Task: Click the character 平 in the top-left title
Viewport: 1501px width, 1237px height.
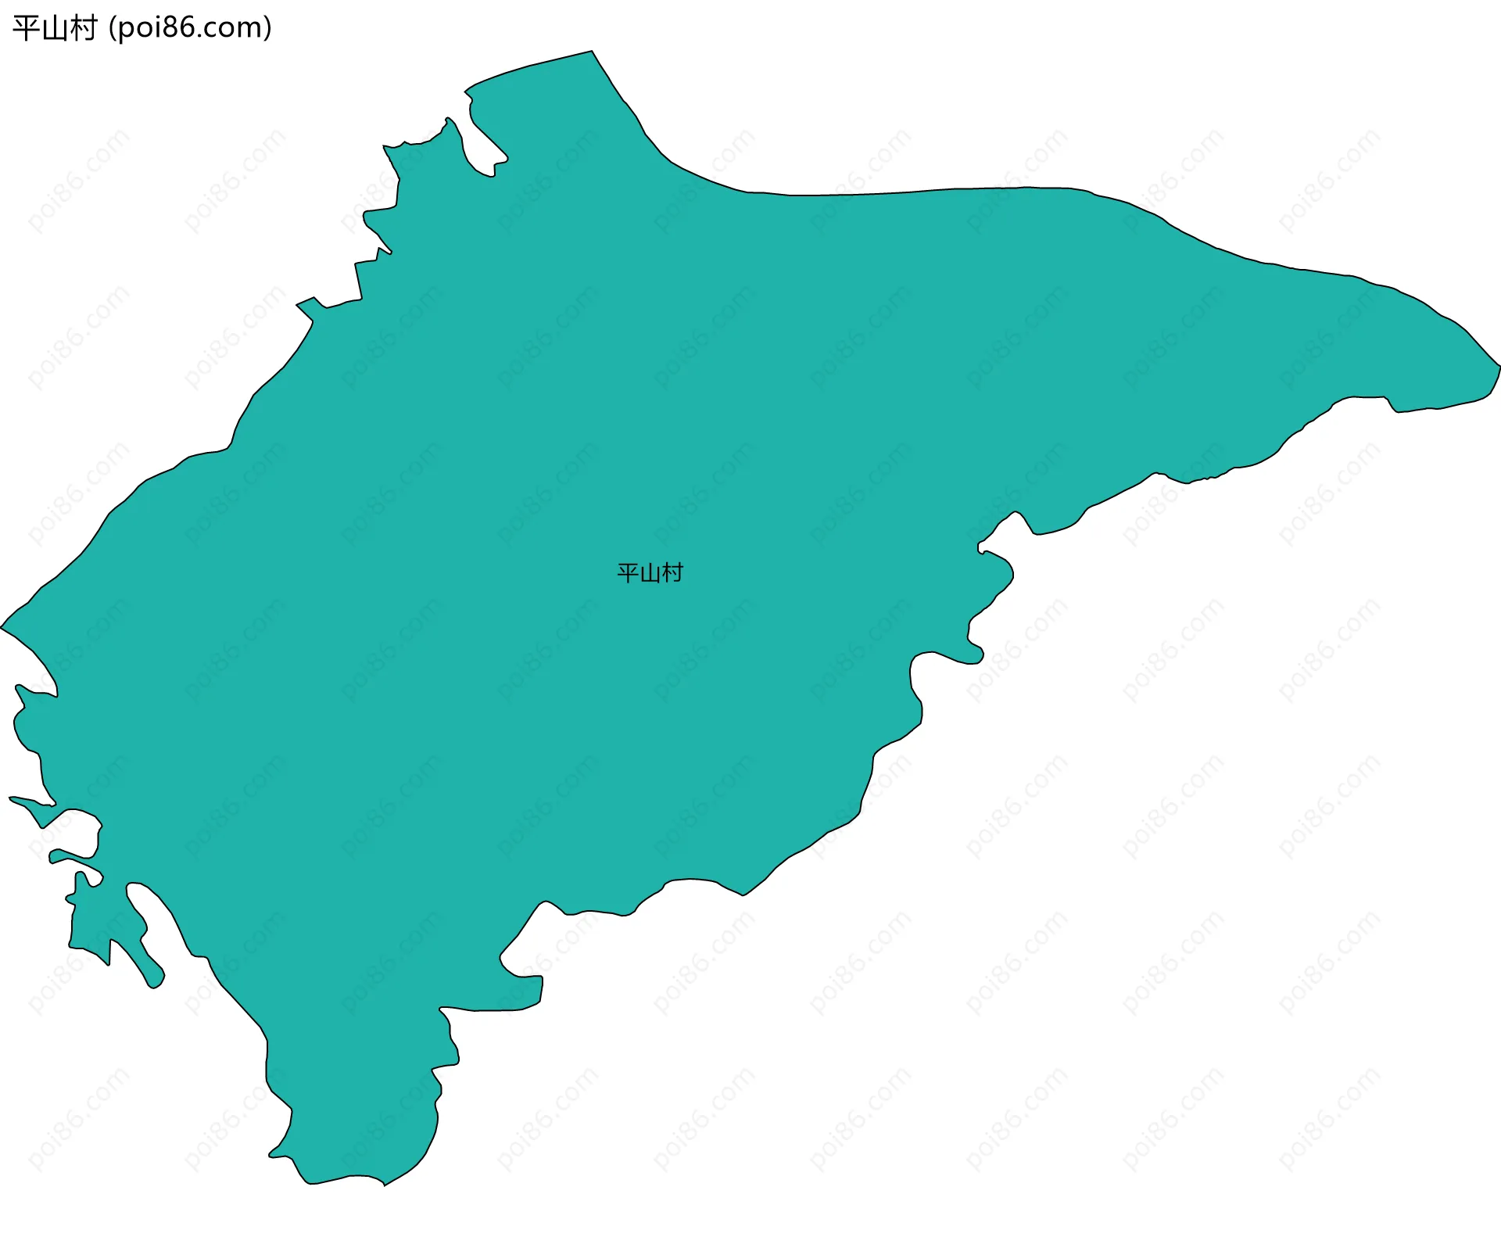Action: tap(27, 29)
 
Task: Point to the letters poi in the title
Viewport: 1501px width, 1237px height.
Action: tap(138, 29)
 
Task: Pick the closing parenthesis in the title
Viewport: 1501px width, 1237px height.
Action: tap(268, 29)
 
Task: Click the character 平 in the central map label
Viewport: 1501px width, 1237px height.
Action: tap(628, 573)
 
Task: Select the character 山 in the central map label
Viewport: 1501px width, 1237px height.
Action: tap(650, 573)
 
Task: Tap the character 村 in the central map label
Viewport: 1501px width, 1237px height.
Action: tap(672, 573)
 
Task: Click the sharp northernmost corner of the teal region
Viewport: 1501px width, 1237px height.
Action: tap(592, 52)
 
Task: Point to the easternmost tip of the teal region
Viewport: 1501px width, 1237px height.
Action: tap(1499, 365)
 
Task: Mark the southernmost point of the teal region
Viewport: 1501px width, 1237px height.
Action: tap(384, 1185)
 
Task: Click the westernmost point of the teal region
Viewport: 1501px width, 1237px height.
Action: tap(2, 627)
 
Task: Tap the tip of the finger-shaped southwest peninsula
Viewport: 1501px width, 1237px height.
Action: tap(156, 985)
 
